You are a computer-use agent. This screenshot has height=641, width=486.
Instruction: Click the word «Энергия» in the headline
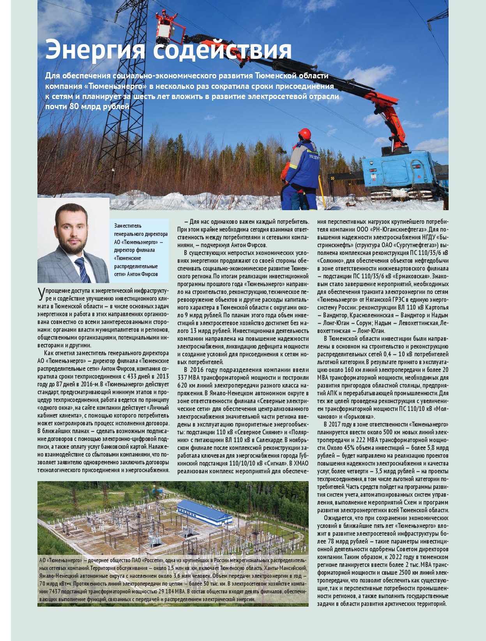(95, 50)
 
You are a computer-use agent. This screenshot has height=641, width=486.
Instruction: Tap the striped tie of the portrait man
(83, 269)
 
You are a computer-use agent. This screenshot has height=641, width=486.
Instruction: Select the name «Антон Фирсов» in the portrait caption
(143, 274)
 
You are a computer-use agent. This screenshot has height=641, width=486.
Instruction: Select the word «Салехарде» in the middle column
(269, 440)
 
